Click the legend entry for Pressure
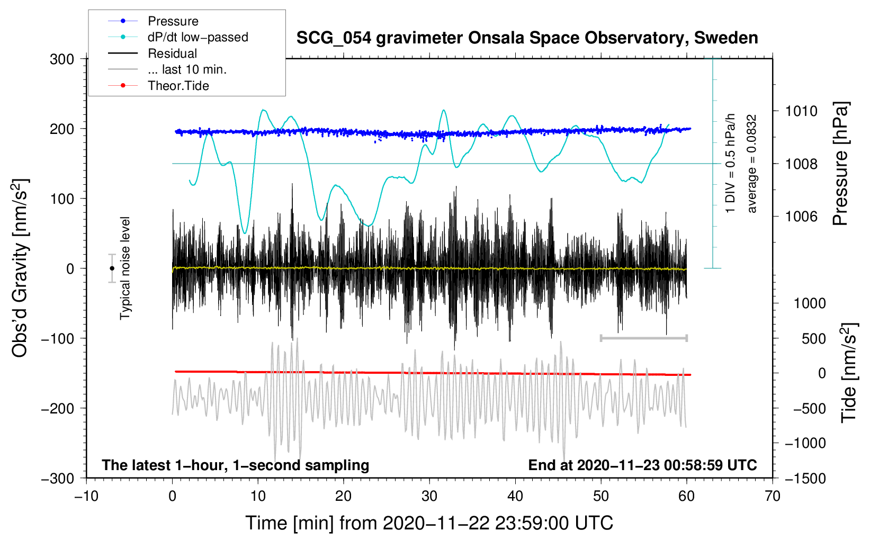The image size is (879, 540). (154, 21)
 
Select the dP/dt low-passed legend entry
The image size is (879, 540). (178, 37)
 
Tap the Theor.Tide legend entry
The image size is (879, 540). (158, 86)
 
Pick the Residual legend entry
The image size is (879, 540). (153, 53)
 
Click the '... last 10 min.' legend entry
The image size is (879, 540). (167, 69)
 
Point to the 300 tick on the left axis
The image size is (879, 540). (62, 59)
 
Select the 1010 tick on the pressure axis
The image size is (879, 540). (801, 111)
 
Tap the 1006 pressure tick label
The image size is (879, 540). (801, 216)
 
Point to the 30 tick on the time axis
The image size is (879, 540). (429, 496)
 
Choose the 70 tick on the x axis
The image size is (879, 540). (772, 496)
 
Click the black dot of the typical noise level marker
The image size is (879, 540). (112, 268)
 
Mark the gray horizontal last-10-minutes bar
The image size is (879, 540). (643, 338)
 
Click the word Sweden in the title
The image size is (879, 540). (726, 38)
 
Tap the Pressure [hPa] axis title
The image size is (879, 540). (841, 164)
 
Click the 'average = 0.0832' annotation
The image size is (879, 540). (751, 164)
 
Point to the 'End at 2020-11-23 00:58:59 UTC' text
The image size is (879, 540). (642, 465)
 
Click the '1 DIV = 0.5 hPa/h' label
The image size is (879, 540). (730, 164)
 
